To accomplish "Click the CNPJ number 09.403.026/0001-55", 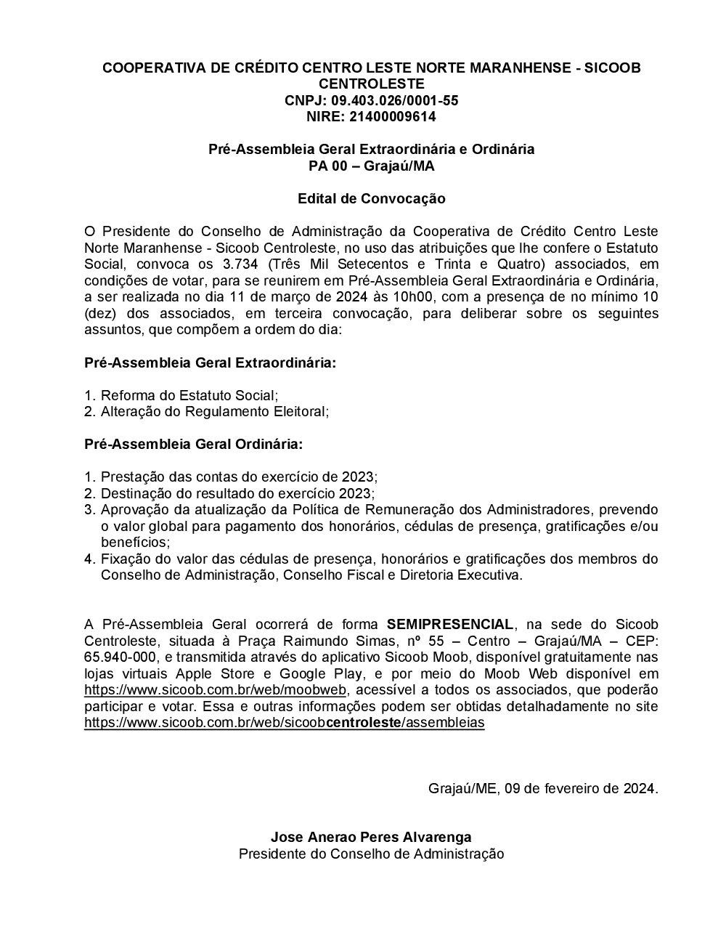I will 395,100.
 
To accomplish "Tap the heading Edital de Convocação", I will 371,198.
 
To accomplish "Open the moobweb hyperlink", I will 216,690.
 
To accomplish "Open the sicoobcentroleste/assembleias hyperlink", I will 284,723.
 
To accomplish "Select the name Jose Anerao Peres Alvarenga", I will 371,838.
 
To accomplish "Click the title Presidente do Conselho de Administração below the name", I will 371,854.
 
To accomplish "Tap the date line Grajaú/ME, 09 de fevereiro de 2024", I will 543,788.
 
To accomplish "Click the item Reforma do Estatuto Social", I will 189,396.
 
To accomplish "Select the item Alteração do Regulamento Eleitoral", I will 214,412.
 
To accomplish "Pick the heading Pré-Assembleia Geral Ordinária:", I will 194,444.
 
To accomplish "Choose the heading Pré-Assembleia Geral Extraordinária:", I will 211,362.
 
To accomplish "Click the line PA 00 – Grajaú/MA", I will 371,166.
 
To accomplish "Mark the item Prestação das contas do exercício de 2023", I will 238,477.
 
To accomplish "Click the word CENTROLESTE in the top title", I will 371,84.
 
